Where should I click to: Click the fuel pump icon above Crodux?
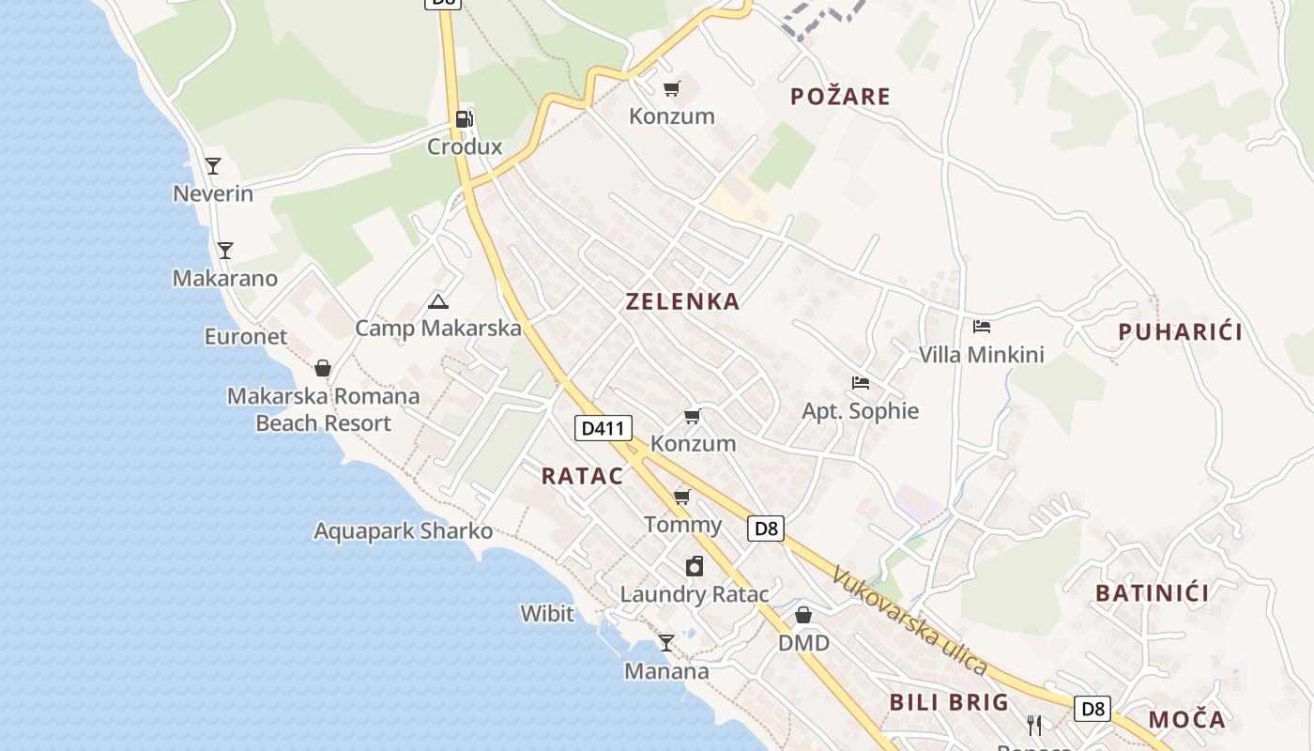point(464,119)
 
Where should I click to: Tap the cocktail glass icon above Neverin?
point(213,166)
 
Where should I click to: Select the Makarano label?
point(225,279)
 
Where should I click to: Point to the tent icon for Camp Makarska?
point(437,301)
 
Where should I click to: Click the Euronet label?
point(246,337)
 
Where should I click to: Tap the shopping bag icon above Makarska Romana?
point(323,368)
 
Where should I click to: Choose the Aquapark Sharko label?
point(403,531)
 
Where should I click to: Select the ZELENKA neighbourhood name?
point(682,301)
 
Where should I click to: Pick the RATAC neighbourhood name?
point(582,476)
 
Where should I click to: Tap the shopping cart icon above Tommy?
point(682,497)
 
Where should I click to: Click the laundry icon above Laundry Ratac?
point(694,566)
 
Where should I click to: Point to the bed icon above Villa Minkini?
point(982,327)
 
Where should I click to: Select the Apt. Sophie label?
point(860,411)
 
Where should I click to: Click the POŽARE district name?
point(840,97)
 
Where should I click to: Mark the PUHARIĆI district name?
point(1180,331)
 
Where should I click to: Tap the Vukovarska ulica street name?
point(909,621)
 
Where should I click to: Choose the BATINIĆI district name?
point(1152,593)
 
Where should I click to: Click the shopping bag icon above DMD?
point(803,615)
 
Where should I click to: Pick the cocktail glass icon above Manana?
point(666,643)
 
